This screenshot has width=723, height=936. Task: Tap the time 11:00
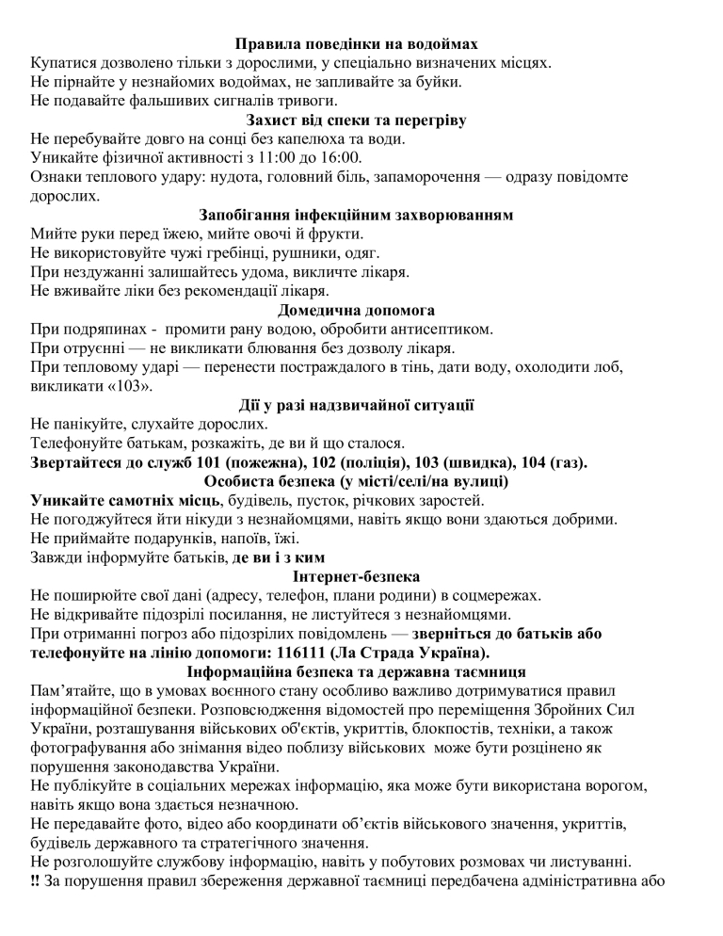(246, 157)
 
